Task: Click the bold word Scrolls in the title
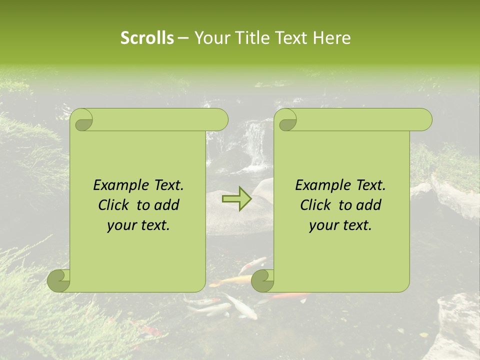tap(147, 38)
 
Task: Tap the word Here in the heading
tap(332, 38)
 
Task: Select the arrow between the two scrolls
tap(237, 199)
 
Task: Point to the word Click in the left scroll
tap(114, 205)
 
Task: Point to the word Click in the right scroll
tap(316, 205)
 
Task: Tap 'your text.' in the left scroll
tap(138, 225)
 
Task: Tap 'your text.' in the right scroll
tap(340, 225)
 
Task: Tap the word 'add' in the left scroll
tap(167, 205)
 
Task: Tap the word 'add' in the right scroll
tap(369, 205)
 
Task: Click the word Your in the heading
tap(211, 38)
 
